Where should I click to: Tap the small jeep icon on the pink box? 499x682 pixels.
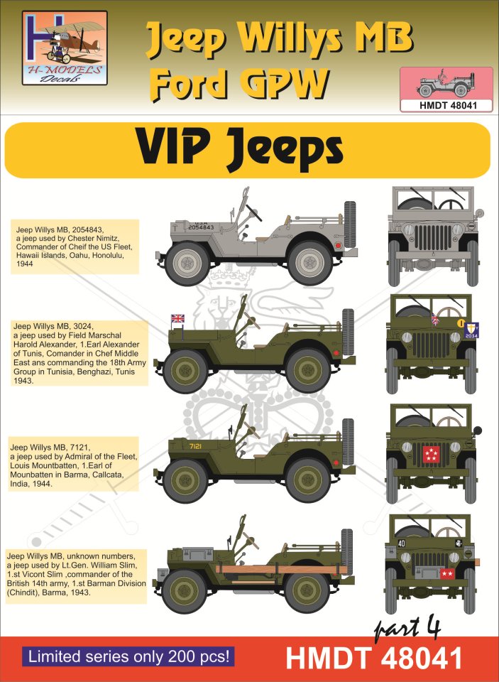tap(446, 82)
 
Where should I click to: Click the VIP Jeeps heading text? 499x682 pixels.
tap(240, 150)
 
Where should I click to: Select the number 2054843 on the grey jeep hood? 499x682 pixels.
tap(202, 227)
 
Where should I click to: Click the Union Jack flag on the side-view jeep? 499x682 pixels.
tap(177, 318)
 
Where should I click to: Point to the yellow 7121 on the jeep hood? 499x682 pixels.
tap(195, 446)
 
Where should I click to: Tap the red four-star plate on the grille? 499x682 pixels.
tap(431, 454)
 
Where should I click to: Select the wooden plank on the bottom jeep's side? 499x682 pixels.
tap(281, 569)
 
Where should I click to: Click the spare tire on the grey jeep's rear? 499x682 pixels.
tap(349, 224)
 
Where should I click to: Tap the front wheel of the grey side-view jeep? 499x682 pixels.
tap(187, 263)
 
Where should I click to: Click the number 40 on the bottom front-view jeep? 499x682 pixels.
tap(401, 543)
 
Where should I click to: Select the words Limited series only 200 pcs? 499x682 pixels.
tap(128, 656)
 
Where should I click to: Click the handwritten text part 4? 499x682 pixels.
tap(407, 629)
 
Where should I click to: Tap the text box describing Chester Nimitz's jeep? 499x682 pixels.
tap(74, 247)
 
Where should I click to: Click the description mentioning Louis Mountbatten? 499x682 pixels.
tap(74, 465)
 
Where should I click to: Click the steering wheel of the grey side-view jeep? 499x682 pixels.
tap(254, 212)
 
